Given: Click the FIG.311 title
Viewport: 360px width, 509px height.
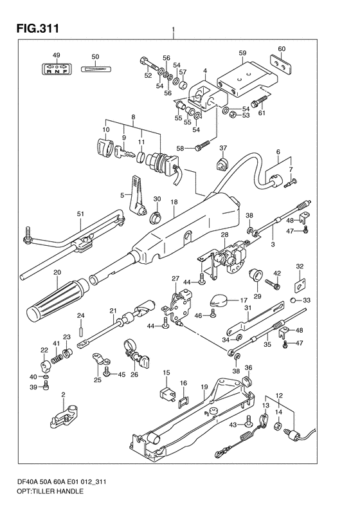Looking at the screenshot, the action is point(38,28).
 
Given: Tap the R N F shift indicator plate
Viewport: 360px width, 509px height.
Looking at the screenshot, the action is point(57,68).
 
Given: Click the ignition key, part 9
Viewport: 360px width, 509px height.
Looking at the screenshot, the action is point(124,153).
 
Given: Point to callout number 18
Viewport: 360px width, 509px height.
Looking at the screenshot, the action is point(174,202).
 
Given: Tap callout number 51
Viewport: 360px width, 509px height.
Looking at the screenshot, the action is point(80,214).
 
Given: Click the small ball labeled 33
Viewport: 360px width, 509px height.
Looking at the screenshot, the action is point(293,300).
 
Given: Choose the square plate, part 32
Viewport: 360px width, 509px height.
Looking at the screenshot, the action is point(300,285).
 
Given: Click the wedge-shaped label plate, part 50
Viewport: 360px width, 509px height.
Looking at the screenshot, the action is point(96,68).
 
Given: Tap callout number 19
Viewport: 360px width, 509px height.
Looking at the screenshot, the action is point(204,387).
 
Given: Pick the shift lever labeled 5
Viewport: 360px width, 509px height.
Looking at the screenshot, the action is point(138,196).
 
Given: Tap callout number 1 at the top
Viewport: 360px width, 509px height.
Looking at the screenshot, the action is point(174,30).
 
